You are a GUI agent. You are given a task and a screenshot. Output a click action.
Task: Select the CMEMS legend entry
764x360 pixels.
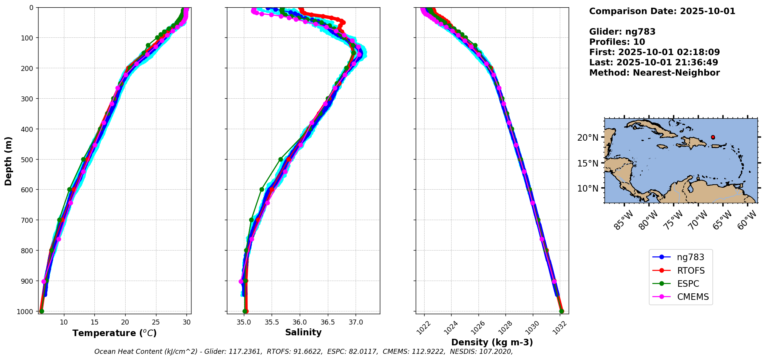(693, 297)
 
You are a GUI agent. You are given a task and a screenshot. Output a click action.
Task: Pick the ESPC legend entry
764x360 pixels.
(688, 284)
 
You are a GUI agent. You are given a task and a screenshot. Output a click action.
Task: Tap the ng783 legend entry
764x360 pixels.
(690, 257)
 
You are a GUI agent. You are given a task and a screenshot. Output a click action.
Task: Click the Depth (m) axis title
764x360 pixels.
(8, 161)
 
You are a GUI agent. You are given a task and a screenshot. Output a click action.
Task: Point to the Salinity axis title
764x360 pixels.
(303, 332)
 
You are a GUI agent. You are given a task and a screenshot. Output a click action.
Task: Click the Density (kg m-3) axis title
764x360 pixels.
(492, 342)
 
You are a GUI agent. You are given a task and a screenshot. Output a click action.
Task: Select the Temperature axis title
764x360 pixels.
(114, 333)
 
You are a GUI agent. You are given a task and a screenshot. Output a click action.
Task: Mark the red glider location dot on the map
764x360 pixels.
(713, 137)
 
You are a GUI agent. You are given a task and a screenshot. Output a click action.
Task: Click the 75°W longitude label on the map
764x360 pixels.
(673, 220)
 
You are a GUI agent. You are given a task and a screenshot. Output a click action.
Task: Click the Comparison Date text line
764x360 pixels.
(662, 11)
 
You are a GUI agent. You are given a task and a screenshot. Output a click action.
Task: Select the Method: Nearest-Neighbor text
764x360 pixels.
(654, 72)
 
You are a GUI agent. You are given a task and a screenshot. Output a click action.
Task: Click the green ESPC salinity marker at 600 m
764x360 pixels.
(262, 189)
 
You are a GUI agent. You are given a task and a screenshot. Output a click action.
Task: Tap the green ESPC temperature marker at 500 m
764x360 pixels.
(83, 159)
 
